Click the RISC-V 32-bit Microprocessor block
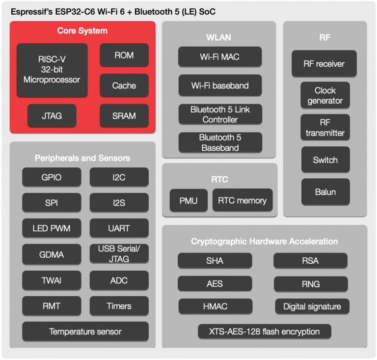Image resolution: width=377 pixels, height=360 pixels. click(x=52, y=70)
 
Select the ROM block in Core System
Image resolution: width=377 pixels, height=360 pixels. click(x=124, y=55)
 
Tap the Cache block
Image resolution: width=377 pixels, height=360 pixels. click(x=124, y=85)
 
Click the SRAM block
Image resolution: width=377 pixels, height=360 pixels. click(x=124, y=116)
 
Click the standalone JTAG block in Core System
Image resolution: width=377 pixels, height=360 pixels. click(x=52, y=116)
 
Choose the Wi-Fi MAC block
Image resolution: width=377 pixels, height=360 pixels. click(x=219, y=57)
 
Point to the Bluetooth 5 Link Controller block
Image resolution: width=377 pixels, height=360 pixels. click(x=219, y=114)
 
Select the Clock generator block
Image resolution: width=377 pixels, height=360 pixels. click(x=325, y=95)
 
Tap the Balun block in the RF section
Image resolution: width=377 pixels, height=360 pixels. click(x=325, y=192)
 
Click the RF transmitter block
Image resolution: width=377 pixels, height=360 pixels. click(x=325, y=128)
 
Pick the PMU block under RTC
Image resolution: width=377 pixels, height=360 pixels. click(x=188, y=200)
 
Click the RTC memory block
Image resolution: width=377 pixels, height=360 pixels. click(x=242, y=200)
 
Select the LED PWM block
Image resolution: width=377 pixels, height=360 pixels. click(x=52, y=228)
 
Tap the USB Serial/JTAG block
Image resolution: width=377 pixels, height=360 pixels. click(x=119, y=254)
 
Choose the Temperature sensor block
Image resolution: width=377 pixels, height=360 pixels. click(x=85, y=332)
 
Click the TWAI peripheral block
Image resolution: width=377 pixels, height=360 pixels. click(x=52, y=280)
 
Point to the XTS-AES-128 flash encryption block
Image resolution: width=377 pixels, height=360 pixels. click(x=264, y=332)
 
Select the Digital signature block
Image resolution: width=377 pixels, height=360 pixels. click(x=312, y=306)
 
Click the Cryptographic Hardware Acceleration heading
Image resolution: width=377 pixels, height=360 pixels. click(x=264, y=241)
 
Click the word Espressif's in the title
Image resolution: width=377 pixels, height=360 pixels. click(x=31, y=11)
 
